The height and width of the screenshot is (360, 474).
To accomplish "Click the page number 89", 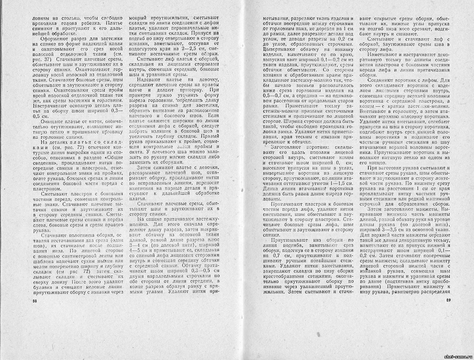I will [x=449, y=300].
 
